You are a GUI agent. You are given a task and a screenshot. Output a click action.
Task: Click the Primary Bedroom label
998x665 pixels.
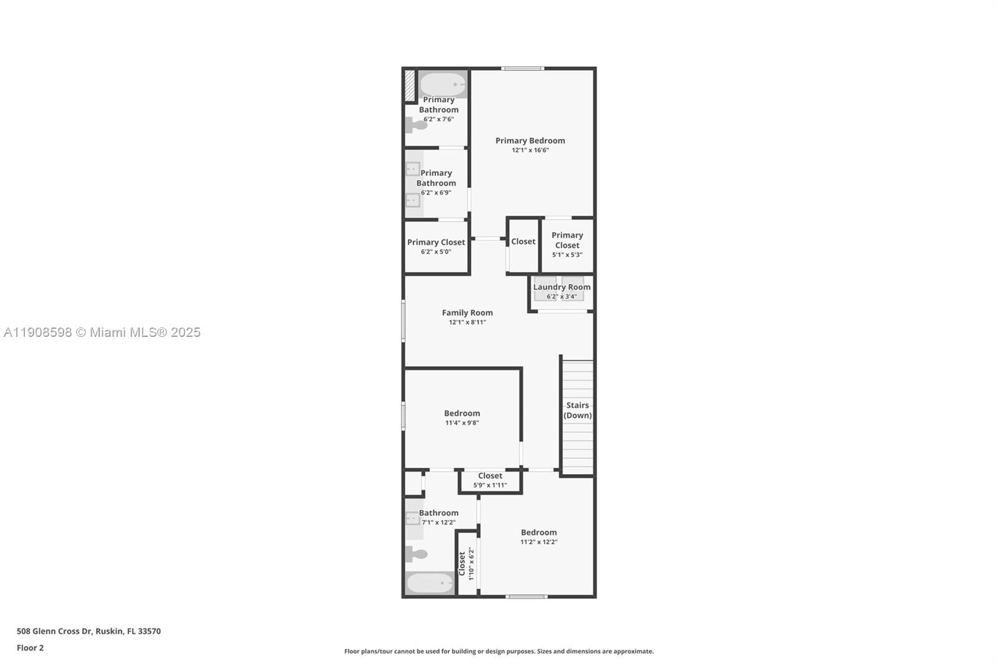pyautogui.click(x=530, y=140)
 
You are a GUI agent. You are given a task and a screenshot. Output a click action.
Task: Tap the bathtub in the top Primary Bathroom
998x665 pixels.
pyautogui.click(x=442, y=84)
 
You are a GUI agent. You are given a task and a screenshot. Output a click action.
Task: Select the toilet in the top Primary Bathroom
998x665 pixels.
pyautogui.click(x=417, y=125)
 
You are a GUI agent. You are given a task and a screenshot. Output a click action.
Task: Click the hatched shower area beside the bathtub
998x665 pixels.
pyautogui.click(x=410, y=85)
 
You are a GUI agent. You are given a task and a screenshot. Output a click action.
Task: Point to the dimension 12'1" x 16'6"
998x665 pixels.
pyautogui.click(x=530, y=150)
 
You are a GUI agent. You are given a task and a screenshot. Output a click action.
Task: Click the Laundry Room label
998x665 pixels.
pyautogui.click(x=561, y=287)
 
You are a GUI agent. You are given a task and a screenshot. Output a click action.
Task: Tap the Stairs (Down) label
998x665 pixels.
pyautogui.click(x=578, y=410)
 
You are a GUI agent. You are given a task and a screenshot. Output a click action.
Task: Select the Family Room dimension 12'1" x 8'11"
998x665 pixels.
pyautogui.click(x=467, y=323)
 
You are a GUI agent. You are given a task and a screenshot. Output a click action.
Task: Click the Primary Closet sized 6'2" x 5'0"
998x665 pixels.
pyautogui.click(x=436, y=246)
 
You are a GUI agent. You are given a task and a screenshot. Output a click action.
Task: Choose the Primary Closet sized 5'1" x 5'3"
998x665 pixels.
pyautogui.click(x=567, y=245)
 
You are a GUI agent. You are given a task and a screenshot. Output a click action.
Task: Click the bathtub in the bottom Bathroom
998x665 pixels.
pyautogui.click(x=430, y=583)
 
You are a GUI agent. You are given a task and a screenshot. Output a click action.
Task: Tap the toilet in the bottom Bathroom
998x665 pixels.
pyautogui.click(x=417, y=553)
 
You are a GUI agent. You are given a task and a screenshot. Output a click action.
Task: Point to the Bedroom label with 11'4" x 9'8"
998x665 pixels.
pyautogui.click(x=462, y=413)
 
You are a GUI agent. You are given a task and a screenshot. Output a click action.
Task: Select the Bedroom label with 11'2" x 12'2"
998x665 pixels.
pyautogui.click(x=539, y=532)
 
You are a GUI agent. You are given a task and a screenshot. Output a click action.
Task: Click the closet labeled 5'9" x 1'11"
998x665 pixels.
pyautogui.click(x=490, y=480)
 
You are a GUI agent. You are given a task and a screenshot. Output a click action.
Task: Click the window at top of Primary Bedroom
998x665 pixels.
pyautogui.click(x=523, y=68)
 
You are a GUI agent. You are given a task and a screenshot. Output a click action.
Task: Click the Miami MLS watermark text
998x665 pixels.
pyautogui.click(x=102, y=332)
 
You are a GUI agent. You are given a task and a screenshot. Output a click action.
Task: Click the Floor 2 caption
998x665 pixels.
pyautogui.click(x=30, y=648)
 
